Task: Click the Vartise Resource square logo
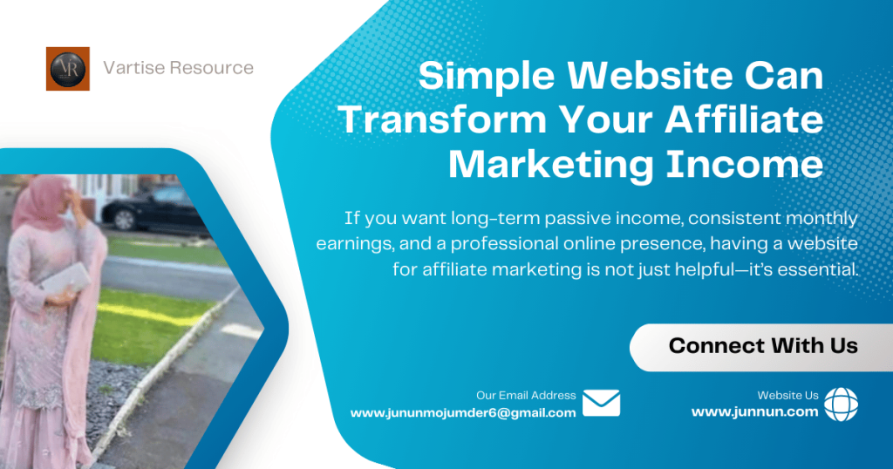click(x=67, y=69)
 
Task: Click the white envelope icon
click(x=601, y=403)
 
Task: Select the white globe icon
click(x=841, y=404)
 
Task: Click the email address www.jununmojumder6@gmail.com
click(x=463, y=413)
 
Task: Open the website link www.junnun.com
click(x=754, y=412)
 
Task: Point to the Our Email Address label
click(x=526, y=395)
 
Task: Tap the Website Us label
click(x=787, y=395)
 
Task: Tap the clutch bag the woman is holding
click(x=66, y=281)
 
